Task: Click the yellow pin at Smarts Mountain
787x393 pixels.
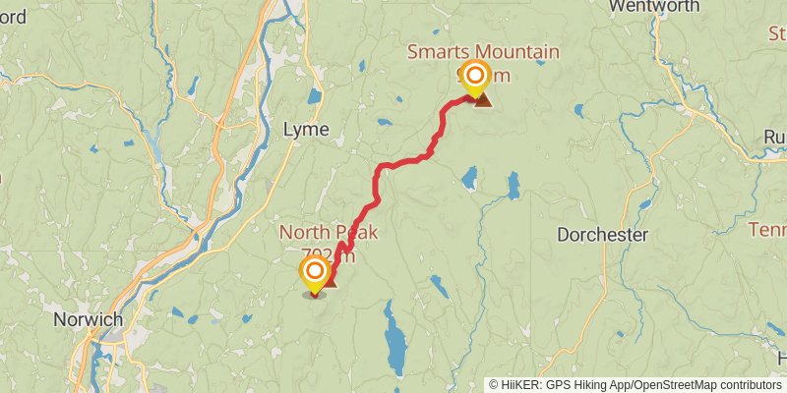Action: [476, 78]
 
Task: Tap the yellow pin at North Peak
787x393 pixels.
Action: [315, 273]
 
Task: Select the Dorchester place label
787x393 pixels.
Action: [602, 236]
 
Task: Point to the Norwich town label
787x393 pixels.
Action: [89, 319]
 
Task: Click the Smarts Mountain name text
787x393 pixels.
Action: [485, 51]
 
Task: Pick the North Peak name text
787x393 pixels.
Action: [329, 232]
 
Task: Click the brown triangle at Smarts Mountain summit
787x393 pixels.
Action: [483, 98]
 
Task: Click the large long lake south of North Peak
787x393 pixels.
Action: [395, 339]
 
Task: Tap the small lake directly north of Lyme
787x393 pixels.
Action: [313, 97]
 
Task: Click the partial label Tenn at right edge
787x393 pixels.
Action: [767, 230]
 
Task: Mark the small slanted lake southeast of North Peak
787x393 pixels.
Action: [439, 286]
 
